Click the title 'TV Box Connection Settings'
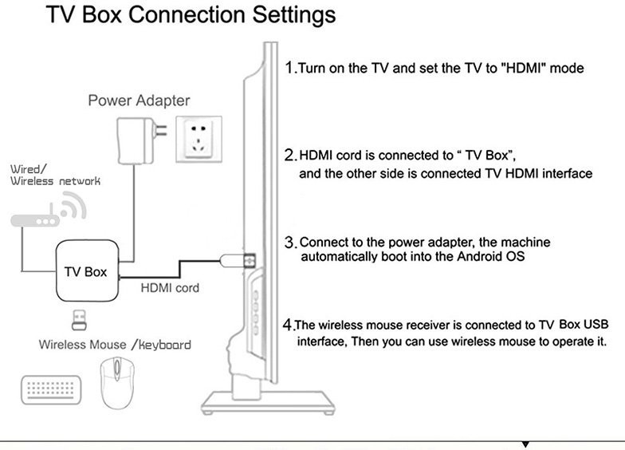(191, 15)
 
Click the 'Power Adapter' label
(139, 101)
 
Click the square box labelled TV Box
(85, 271)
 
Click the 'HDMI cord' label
(170, 287)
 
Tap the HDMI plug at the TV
(240, 260)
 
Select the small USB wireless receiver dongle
(81, 321)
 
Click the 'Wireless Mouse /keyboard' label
(115, 345)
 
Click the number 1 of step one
(289, 67)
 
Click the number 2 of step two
(290, 154)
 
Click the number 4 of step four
(289, 325)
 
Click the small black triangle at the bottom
(525, 443)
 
